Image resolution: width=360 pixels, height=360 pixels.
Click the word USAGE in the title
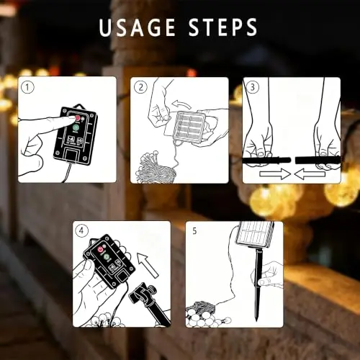point(138,27)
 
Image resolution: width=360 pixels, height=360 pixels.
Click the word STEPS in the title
point(223,27)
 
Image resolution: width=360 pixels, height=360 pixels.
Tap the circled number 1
point(27,87)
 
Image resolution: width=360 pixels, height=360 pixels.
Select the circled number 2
point(140,87)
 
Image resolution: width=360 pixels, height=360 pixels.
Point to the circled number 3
point(253,87)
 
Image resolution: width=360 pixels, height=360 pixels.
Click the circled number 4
point(81,231)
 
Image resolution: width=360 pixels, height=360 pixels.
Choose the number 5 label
point(194,231)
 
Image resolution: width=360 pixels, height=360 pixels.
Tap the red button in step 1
point(78,118)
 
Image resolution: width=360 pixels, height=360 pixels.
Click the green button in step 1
point(76,127)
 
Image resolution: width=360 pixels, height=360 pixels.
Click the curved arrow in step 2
point(181,104)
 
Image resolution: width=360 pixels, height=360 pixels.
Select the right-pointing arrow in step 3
point(275,174)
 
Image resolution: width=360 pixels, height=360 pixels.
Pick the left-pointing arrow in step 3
point(310,174)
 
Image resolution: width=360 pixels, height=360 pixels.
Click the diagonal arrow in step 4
point(148,265)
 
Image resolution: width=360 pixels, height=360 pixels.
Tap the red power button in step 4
point(100,250)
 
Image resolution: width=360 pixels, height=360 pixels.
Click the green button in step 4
point(107,257)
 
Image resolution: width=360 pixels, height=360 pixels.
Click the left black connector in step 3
point(267,160)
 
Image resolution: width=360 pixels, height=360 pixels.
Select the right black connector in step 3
point(318,160)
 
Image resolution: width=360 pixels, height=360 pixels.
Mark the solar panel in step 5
point(255,235)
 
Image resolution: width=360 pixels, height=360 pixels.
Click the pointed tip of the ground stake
point(257,321)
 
